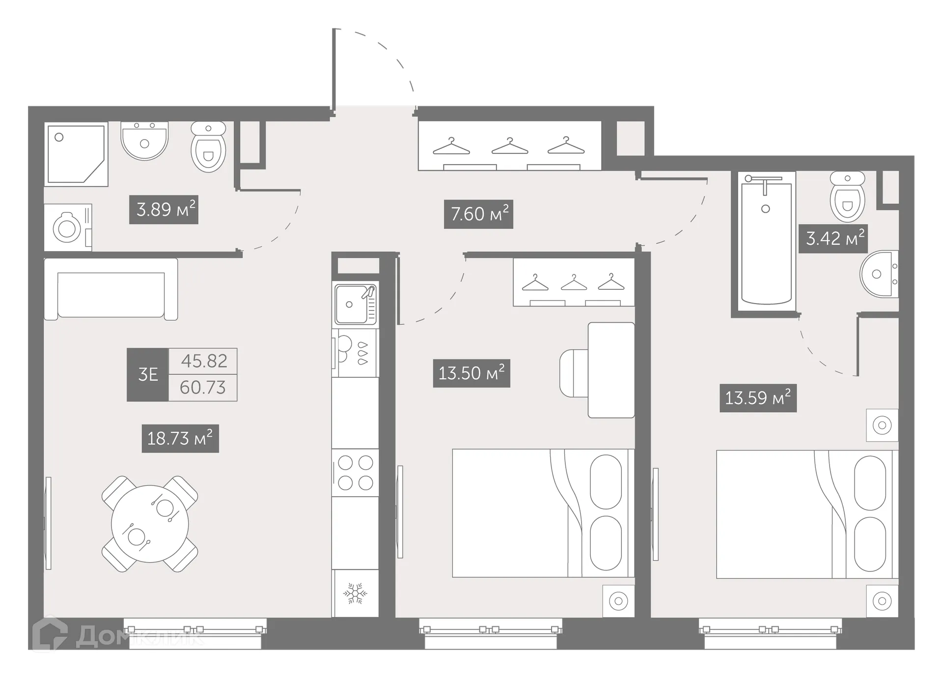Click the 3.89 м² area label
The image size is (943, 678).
coord(164,210)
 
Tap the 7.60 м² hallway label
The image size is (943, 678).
coord(478,214)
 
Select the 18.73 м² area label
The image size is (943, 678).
coord(180,438)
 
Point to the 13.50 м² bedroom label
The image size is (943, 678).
coord(471,373)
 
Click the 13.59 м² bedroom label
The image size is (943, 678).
coord(758,398)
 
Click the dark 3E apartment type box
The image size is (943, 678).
coord(147,375)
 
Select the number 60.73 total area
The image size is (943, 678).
coord(203,388)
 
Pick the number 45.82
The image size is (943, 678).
coord(204,361)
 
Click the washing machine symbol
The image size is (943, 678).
coord(68,228)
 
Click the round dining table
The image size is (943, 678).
coord(150,524)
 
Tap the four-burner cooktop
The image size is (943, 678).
coord(355,473)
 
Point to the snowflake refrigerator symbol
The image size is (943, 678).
coord(355,593)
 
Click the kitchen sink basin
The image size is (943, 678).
coord(351,305)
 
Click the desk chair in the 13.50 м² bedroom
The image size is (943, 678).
coord(573,373)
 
